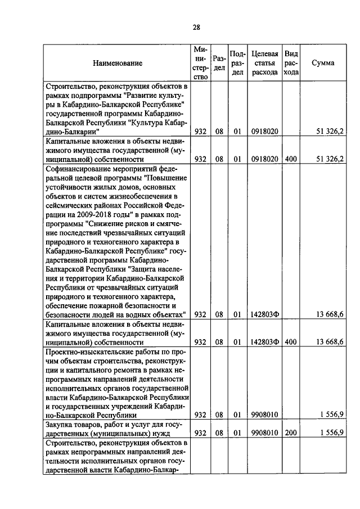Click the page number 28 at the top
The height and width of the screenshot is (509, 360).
click(196, 26)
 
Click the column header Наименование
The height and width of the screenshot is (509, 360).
click(118, 64)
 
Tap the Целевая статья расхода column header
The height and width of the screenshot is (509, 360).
click(264, 63)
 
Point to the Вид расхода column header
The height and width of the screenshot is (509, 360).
click(291, 63)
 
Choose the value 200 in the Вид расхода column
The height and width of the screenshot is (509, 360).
click(291, 433)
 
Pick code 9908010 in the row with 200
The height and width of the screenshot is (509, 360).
click(264, 433)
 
